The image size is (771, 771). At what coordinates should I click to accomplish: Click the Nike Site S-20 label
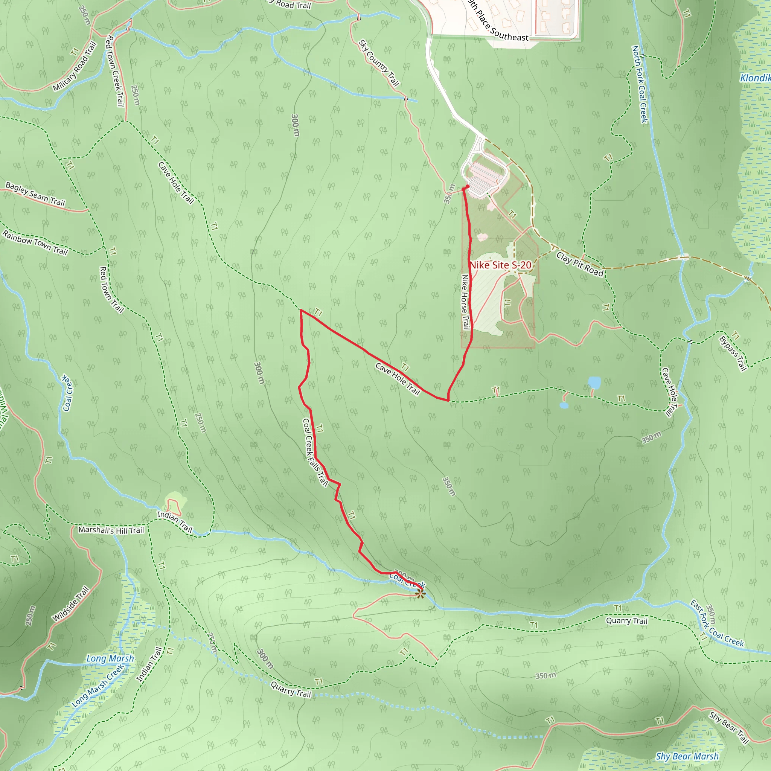[x=500, y=265]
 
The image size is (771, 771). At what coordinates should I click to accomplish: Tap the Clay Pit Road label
[x=580, y=264]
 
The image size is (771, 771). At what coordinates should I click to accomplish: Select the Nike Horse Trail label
[x=465, y=302]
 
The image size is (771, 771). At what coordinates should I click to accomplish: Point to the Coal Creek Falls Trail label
[x=315, y=453]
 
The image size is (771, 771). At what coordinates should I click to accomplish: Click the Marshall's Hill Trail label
[x=111, y=530]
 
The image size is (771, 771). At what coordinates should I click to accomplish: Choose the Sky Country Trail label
[x=379, y=63]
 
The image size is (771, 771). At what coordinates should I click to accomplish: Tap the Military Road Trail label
[x=75, y=66]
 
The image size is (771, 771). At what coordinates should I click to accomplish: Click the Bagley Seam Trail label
[x=35, y=194]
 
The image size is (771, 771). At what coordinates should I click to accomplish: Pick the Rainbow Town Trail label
[x=35, y=242]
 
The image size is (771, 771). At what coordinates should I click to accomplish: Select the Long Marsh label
[x=110, y=658]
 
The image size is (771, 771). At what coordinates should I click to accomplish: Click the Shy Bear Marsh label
[x=687, y=756]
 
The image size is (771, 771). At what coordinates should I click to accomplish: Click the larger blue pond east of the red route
[x=594, y=382]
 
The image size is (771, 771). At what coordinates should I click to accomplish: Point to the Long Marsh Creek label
[x=98, y=686]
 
